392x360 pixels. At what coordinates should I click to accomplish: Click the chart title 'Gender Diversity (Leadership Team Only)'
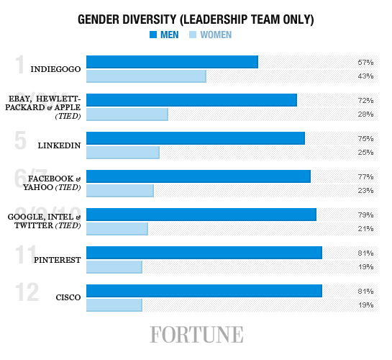point(196,19)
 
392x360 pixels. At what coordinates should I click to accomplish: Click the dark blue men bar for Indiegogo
point(172,62)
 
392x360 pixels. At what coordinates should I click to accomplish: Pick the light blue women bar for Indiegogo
point(146,76)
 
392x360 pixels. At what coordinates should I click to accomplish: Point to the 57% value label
point(365,63)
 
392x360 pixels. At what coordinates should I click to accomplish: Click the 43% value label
point(365,76)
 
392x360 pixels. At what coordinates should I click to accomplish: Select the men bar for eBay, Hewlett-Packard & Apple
point(191,100)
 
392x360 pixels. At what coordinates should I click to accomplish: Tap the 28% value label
point(365,114)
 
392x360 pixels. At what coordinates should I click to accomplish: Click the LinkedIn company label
point(59,145)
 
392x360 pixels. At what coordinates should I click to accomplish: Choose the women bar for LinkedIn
point(122,152)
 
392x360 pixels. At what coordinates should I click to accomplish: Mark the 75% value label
point(365,138)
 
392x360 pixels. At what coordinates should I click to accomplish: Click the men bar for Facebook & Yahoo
point(198,176)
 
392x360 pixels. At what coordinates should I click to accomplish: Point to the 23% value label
point(365,190)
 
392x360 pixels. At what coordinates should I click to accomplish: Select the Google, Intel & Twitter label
point(45,220)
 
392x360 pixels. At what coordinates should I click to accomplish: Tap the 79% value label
point(365,215)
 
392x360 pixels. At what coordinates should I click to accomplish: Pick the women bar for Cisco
point(114,305)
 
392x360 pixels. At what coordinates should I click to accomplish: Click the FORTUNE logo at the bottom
point(196,335)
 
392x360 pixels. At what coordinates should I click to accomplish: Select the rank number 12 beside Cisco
point(27,292)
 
